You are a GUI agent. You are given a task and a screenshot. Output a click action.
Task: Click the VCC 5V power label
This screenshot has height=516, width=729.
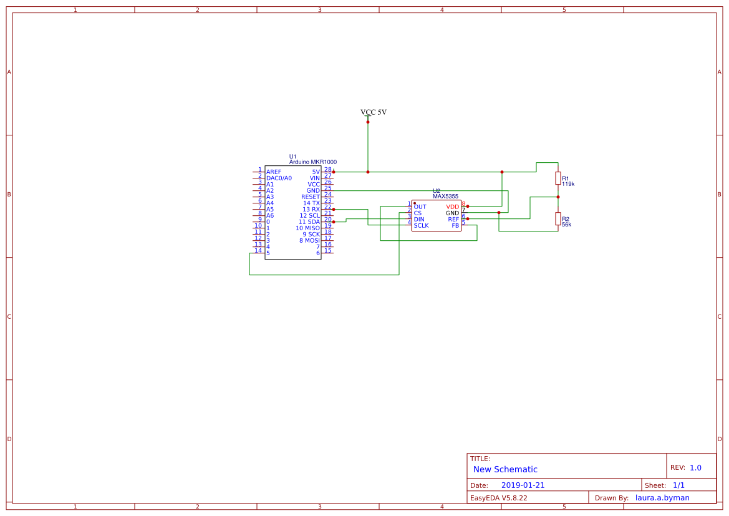coord(374,112)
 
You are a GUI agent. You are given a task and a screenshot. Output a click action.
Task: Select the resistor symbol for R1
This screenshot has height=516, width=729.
coord(558,178)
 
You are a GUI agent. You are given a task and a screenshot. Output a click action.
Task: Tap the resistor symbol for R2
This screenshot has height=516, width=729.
coord(558,218)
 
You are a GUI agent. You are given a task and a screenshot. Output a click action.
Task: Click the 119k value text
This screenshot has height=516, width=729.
coord(568,185)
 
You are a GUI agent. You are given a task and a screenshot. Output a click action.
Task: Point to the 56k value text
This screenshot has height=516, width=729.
coord(566,225)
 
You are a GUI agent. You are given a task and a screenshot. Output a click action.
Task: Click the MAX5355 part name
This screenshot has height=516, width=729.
coord(445,197)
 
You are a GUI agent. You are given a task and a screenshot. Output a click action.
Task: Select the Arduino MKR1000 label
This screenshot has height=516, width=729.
coord(312,162)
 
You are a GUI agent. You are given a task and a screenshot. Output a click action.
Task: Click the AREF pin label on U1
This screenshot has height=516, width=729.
coord(274,172)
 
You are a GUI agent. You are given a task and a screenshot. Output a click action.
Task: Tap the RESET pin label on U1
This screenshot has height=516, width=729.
coord(311,197)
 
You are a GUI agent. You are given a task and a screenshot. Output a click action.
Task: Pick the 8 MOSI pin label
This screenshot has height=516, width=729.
coord(309,240)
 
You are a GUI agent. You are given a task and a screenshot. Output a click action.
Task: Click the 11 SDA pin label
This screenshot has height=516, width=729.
coord(309,221)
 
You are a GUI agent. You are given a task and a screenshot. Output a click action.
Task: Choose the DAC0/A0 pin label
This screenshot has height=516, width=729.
coord(279,178)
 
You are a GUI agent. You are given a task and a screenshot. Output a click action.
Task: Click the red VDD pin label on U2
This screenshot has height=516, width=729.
coord(452,207)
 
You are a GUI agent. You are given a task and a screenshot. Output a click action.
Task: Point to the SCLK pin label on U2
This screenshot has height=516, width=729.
coord(421,225)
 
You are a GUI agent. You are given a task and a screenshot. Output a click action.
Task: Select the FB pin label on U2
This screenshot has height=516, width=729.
coord(455,225)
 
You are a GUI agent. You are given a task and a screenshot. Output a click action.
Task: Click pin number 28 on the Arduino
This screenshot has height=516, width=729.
coord(327,169)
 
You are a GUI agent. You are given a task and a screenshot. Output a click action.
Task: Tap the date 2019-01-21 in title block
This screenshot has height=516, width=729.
coord(523,485)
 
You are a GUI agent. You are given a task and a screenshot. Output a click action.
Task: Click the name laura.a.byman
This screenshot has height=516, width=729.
coord(662,498)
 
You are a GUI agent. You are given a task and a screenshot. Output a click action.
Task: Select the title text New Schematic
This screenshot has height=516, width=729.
coord(505,469)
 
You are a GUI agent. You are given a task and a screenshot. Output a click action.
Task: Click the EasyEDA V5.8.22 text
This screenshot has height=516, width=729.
coord(498,498)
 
